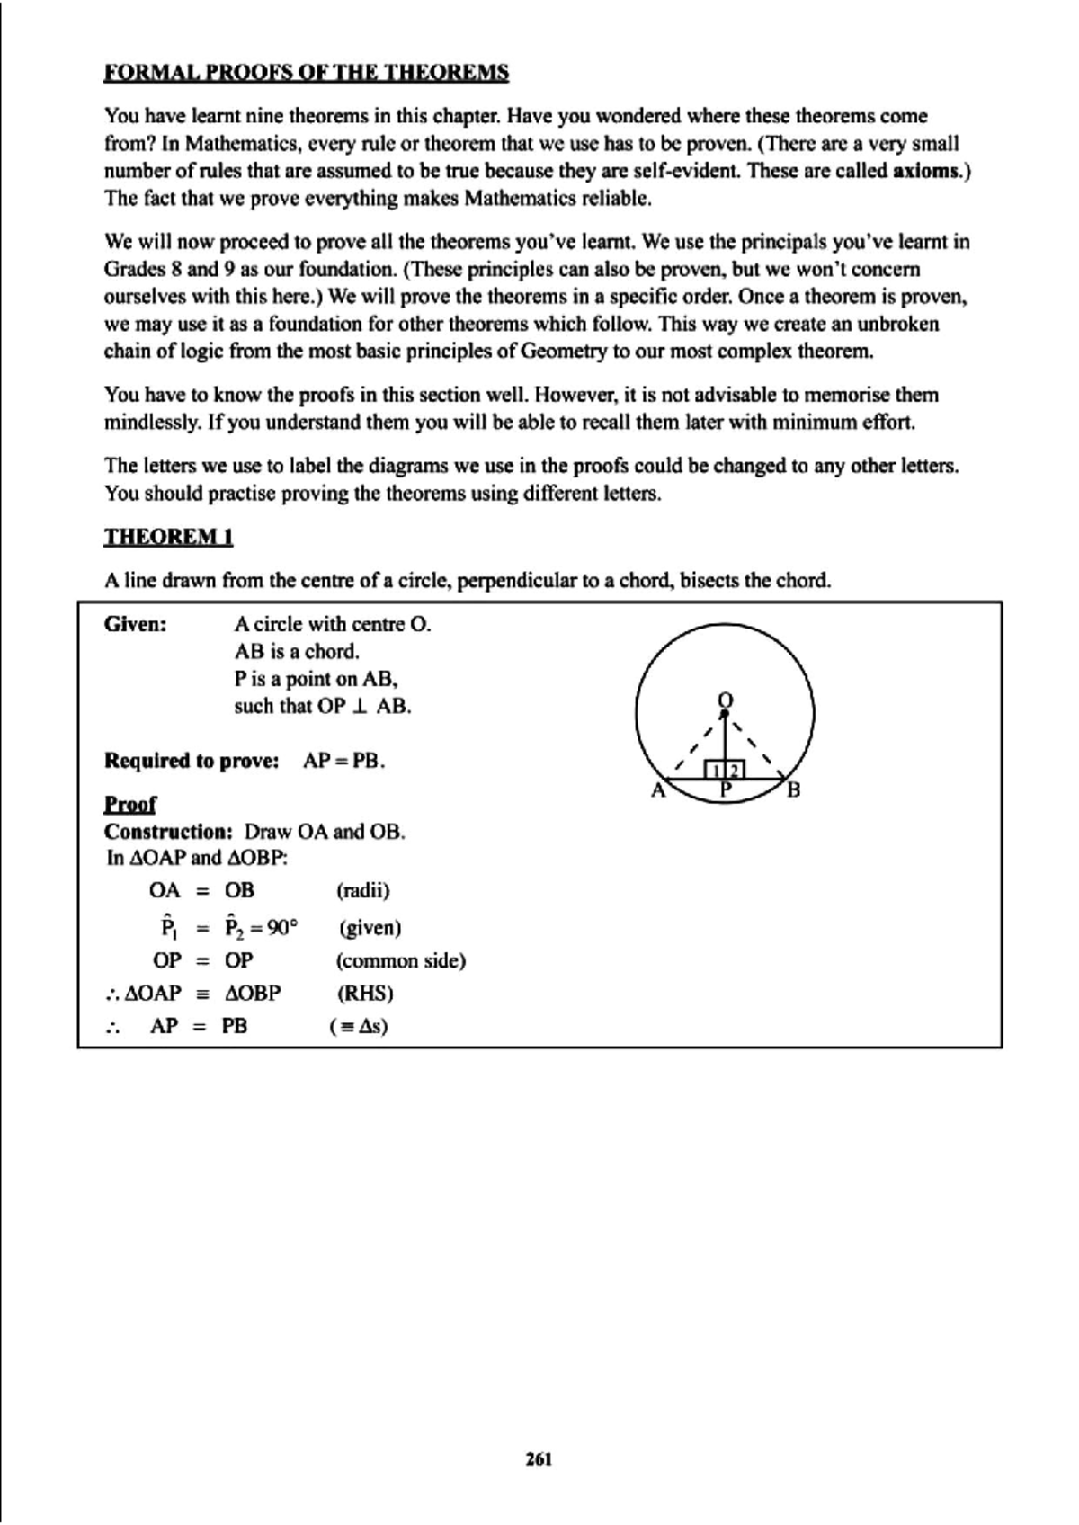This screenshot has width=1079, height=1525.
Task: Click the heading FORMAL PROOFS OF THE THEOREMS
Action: [x=306, y=73]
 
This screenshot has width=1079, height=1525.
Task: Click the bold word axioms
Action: [x=927, y=171]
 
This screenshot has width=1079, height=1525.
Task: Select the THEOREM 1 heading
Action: [x=169, y=537]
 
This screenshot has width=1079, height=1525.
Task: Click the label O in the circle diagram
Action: [x=725, y=699]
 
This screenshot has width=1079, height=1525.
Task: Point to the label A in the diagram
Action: [x=657, y=791]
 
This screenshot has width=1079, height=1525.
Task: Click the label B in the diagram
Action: [x=793, y=791]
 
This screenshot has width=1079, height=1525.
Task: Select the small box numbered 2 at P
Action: [x=735, y=771]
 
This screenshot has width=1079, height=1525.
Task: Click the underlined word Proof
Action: [x=130, y=804]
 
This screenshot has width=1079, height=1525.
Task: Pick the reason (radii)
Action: [x=362, y=891]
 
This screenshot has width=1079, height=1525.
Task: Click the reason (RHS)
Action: [x=365, y=994]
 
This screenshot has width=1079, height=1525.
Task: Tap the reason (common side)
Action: [x=401, y=960]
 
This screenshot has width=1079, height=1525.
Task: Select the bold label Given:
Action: [x=136, y=624]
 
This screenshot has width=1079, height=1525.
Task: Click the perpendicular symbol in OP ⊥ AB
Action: [x=360, y=707]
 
